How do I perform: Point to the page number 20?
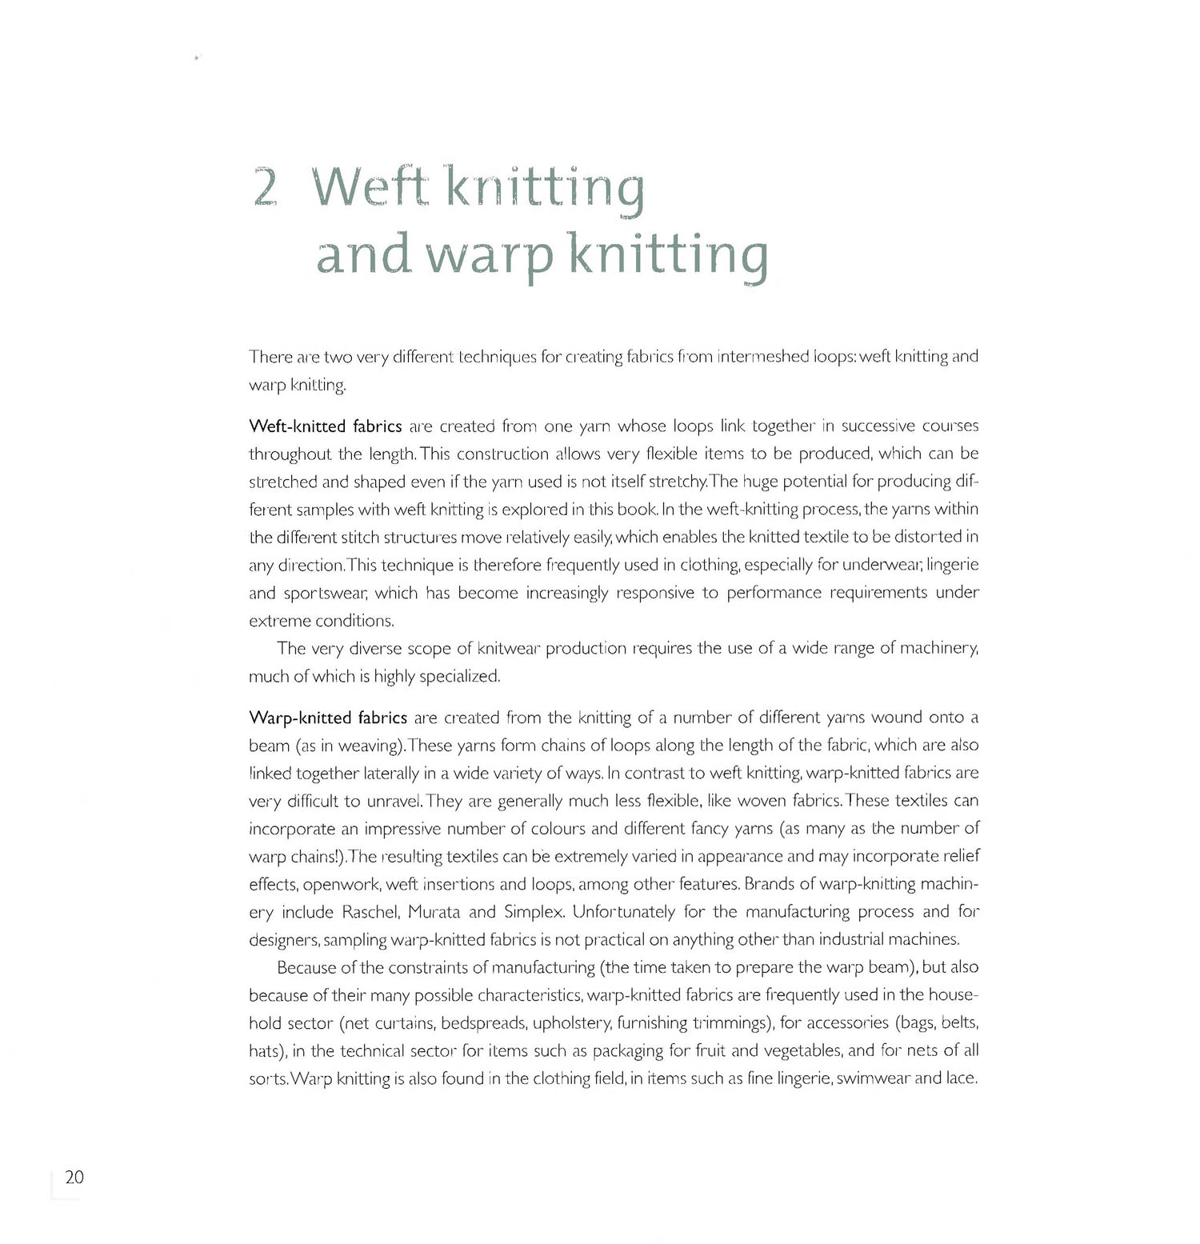point(74,1177)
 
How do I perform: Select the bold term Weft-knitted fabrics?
point(326,426)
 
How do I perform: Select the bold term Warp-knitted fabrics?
point(328,718)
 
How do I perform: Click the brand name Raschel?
point(370,912)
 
